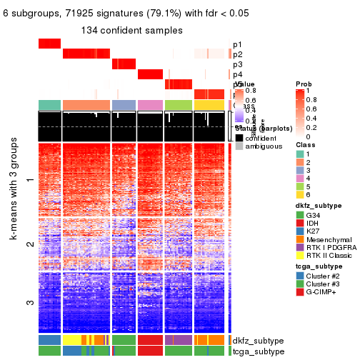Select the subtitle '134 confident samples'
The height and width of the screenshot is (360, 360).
132,31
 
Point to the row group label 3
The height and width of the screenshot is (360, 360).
29,303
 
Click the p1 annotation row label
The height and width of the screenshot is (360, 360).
237,44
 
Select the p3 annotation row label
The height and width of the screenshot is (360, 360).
237,64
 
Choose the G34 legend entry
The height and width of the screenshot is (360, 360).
315,214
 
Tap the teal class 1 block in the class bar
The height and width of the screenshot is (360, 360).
49,105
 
